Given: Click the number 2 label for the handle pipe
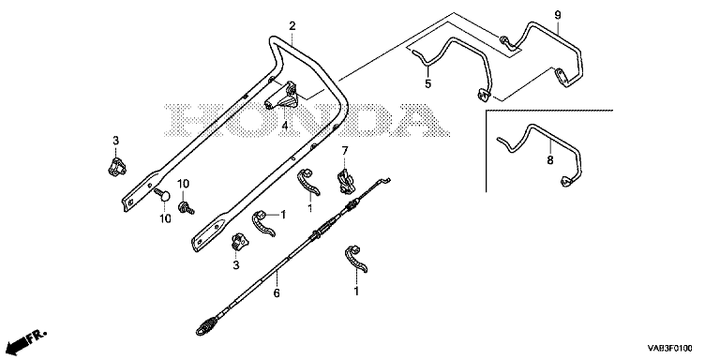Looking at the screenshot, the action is point(292,26).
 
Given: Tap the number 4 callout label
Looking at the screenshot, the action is point(285,125).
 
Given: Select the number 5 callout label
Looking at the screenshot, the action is point(427,84).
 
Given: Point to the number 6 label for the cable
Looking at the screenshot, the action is point(277,292).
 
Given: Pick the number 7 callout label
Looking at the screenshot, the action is point(345,150).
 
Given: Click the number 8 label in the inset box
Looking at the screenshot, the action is point(550,159).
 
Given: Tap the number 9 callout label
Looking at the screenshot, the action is point(558,15).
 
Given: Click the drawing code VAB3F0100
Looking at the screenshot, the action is point(670,349).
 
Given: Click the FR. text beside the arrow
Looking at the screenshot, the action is point(37,337).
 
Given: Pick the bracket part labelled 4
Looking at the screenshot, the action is point(281,97).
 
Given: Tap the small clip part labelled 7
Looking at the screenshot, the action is point(345,181).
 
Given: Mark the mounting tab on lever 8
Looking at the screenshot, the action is point(566,182).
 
